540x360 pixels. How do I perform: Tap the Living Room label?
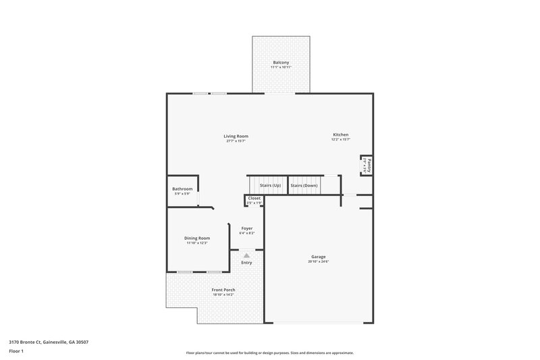(x=236, y=136)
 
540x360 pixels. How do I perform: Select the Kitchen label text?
(x=340, y=134)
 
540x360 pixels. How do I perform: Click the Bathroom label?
(x=182, y=188)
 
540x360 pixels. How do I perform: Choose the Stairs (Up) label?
(x=270, y=185)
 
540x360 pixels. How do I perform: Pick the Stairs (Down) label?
(x=304, y=185)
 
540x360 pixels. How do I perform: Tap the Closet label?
(x=254, y=198)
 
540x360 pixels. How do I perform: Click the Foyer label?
(x=247, y=228)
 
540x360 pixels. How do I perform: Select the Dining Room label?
(x=197, y=238)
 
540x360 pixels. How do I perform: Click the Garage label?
(x=319, y=257)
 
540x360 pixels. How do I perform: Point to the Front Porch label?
(x=223, y=290)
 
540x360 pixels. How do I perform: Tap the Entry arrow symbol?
(x=247, y=256)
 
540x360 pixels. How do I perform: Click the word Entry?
(x=247, y=263)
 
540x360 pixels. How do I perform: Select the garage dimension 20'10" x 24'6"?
(x=319, y=262)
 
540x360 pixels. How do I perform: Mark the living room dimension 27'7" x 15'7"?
(x=236, y=141)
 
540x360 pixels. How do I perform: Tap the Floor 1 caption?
(x=16, y=351)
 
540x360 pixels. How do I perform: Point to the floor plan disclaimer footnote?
(x=270, y=353)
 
